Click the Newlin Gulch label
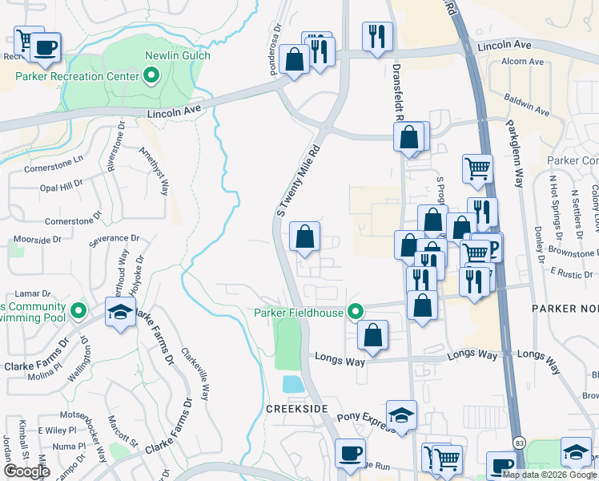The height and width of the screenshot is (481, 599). (x=177, y=55)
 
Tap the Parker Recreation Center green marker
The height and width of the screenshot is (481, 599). (x=151, y=76)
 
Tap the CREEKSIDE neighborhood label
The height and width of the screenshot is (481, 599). (x=297, y=409)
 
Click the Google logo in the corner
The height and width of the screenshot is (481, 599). (x=26, y=471)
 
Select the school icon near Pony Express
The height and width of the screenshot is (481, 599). (x=401, y=414)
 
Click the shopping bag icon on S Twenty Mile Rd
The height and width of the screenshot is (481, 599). (x=304, y=236)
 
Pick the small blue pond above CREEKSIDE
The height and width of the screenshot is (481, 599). (x=294, y=384)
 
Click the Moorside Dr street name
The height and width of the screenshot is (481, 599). (x=38, y=240)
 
